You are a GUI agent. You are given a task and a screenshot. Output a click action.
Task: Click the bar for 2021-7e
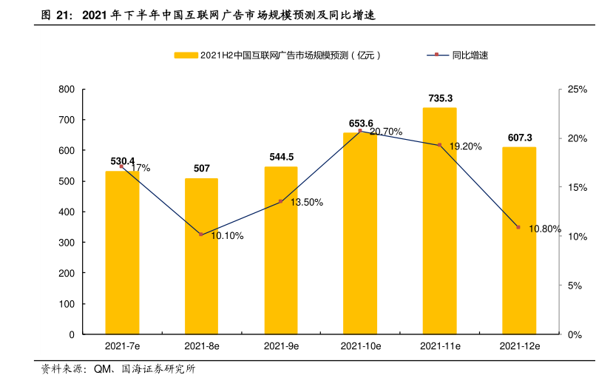[x=122, y=253]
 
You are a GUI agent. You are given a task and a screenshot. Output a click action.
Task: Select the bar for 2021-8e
[x=201, y=256]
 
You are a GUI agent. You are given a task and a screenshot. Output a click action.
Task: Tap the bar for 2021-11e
[x=439, y=221]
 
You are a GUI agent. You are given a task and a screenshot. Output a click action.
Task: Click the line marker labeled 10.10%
[x=201, y=234]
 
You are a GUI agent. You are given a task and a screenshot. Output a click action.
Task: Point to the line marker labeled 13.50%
[x=281, y=201]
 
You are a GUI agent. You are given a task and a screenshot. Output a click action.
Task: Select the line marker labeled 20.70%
[x=360, y=131]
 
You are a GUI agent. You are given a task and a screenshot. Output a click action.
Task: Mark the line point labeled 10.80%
[x=518, y=227]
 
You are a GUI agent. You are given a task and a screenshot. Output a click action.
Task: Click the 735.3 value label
[x=440, y=98]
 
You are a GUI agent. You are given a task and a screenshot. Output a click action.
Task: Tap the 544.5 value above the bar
[x=281, y=157]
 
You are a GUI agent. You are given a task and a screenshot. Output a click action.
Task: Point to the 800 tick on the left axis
[x=67, y=90]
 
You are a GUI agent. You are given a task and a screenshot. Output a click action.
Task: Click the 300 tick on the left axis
[x=67, y=243]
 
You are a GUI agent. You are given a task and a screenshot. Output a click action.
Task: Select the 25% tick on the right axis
[x=577, y=90]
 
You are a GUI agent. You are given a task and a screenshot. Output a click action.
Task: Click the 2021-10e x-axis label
[x=360, y=345]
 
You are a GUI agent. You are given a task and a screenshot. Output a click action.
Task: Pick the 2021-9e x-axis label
[x=281, y=345]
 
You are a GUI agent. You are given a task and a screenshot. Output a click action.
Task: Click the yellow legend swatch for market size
[x=186, y=55]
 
